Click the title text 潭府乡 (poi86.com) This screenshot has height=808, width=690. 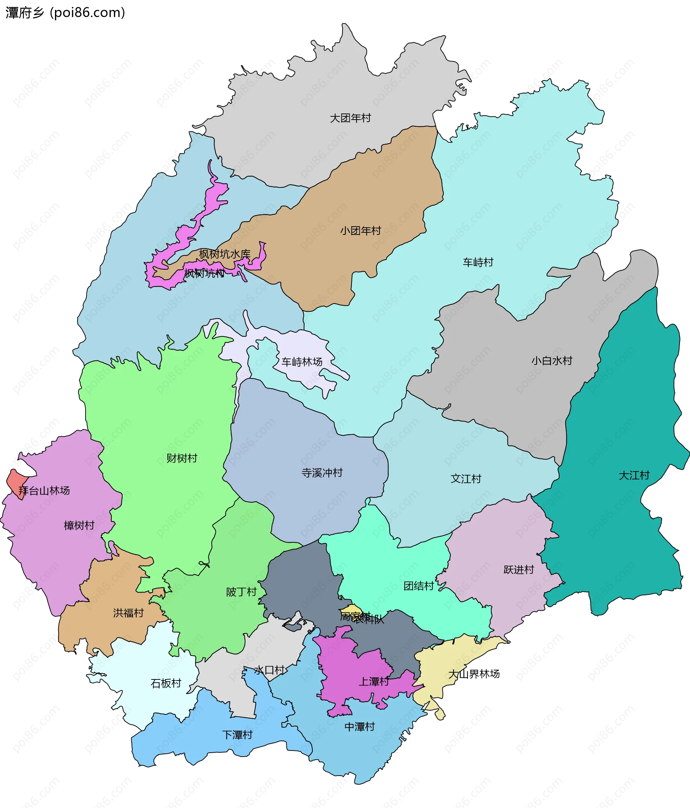coord(65,13)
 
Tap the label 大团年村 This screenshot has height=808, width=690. coord(350,118)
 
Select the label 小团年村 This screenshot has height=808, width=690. coord(360,231)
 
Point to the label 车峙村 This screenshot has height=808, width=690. coord(478,262)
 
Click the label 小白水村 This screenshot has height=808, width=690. coord(551,360)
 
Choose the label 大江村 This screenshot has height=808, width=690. coord(634,475)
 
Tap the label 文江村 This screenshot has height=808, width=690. coord(466,478)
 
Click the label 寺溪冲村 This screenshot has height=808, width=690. coord(322,473)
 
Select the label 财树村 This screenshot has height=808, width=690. coord(181,458)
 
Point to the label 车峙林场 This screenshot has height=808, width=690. coord(302,362)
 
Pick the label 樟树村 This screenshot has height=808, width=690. coord(79,525)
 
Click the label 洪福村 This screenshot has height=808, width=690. coord(128,613)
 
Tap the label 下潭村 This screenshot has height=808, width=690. coord(237,735)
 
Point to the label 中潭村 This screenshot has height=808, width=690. coord(359,726)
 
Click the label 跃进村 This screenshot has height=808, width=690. coord(518,569)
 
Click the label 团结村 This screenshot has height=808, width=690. coord(418,586)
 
